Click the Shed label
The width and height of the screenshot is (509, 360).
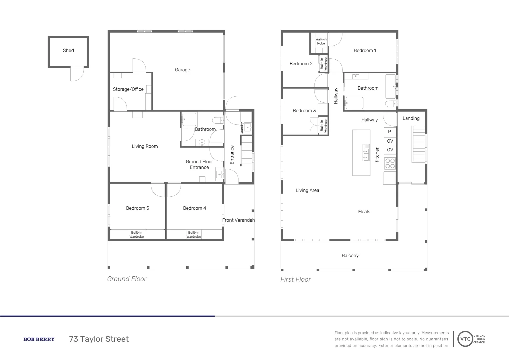[68, 50]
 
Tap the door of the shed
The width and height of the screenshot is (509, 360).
[77, 74]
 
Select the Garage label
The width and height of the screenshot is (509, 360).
[182, 70]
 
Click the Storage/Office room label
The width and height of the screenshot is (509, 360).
[128, 89]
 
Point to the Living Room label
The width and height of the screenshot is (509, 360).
[145, 146]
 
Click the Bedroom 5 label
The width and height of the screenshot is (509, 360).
[137, 208]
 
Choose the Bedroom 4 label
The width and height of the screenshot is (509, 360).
[195, 208]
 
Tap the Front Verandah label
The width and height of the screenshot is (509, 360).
[239, 220]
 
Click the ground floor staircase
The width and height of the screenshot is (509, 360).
[247, 152]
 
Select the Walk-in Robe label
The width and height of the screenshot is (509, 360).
[321, 41]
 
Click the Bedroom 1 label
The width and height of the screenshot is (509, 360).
[365, 50]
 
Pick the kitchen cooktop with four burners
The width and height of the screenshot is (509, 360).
[390, 163]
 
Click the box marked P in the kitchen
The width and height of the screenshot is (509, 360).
[390, 132]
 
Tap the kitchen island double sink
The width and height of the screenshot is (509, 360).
[366, 152]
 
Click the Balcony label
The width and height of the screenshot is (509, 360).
[350, 255]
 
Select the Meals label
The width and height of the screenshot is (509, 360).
[364, 211]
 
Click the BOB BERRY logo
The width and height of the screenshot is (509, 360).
[39, 339]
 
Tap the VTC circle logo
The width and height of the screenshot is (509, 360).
[465, 339]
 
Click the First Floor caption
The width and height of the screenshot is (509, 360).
[295, 279]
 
